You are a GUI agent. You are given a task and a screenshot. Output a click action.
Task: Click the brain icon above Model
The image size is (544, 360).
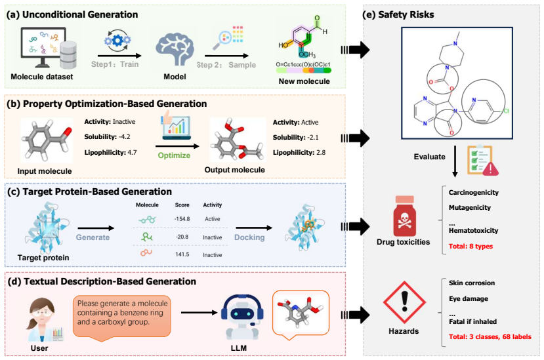tap(175, 50)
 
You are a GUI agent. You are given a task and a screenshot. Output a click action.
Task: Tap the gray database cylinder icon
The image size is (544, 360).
tap(68, 55)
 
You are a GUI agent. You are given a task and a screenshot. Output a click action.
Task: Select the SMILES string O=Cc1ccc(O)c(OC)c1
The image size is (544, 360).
tap(303, 64)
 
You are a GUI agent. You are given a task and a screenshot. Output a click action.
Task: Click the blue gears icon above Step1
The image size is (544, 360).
tap(117, 40)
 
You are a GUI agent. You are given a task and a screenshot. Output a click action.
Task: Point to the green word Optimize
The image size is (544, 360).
tap(174, 155)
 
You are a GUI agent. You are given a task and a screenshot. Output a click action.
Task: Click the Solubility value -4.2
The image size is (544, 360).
tap(124, 136)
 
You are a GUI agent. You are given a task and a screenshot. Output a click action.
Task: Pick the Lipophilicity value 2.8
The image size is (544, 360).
tap(321, 153)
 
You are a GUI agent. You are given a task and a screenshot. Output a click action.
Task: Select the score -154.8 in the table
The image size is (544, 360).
tap(182, 219)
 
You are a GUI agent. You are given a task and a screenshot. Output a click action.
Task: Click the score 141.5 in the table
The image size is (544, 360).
tap(182, 254)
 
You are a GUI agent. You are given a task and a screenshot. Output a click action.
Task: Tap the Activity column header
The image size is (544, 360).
tap(213, 205)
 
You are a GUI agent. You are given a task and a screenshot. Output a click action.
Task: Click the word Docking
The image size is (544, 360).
tap(249, 237)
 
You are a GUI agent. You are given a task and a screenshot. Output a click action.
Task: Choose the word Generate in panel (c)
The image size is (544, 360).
tap(93, 237)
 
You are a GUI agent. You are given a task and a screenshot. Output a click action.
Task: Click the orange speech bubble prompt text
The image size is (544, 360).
tap(123, 313)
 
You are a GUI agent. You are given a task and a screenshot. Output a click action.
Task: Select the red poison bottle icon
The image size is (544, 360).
tap(404, 216)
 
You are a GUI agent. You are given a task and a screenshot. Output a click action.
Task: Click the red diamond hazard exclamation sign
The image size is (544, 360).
tap(404, 302)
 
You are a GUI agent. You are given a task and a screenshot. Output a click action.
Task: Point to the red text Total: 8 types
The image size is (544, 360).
tap(471, 247)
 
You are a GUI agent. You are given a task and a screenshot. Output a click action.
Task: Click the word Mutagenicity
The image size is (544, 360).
tap(470, 208)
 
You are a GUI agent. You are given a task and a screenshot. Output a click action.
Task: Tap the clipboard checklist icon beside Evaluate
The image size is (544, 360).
tap(482, 160)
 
